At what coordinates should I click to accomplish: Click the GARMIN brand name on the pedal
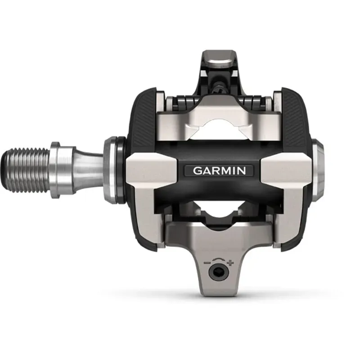click(219, 171)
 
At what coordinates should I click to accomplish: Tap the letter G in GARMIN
click(197, 171)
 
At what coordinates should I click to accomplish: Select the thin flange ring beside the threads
click(55, 169)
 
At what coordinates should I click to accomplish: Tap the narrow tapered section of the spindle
click(88, 169)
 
